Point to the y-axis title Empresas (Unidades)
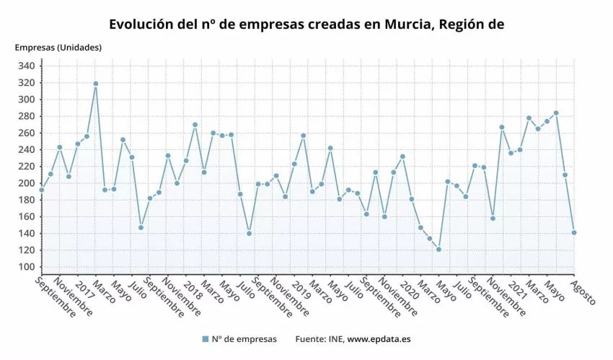click(58, 48)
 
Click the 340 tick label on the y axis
click(27, 66)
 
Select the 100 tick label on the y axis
click(27, 267)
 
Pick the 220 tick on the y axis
click(27, 167)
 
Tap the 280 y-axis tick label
click(27, 116)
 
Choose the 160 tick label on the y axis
click(27, 216)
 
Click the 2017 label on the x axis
click(84, 287)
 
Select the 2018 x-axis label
click(193, 287)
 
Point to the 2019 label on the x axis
click(301, 287)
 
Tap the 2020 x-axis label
click(409, 287)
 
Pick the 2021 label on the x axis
click(517, 287)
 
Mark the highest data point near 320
click(95, 84)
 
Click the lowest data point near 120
click(438, 250)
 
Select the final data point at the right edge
click(574, 232)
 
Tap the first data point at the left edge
click(41, 190)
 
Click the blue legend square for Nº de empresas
click(206, 339)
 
